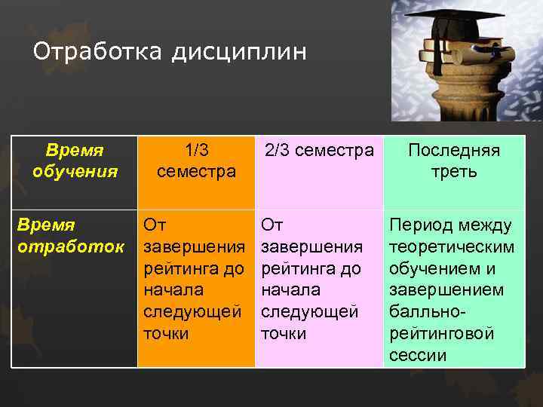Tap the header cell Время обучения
click(x=75, y=161)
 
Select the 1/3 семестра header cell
click(x=196, y=161)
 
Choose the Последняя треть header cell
click(x=453, y=161)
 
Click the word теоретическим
click(x=452, y=246)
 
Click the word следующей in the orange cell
click(x=192, y=312)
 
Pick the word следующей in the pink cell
click(x=309, y=312)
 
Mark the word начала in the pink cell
click(x=287, y=290)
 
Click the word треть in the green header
click(x=453, y=172)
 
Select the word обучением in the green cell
click(x=430, y=268)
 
